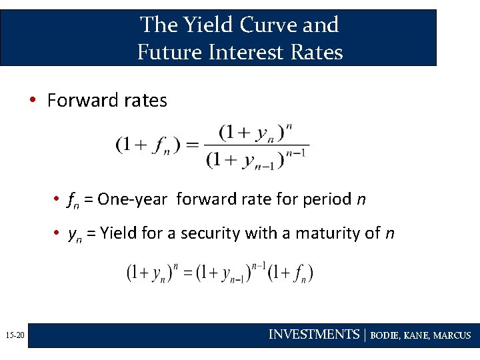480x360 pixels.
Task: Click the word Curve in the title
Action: click(x=265, y=25)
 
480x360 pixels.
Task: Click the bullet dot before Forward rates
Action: click(x=32, y=101)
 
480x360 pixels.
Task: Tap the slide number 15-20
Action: click(x=13, y=335)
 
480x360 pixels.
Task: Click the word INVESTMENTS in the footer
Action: click(x=313, y=335)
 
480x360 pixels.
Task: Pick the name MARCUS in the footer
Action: click(x=452, y=335)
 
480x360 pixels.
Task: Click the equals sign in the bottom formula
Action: click(x=188, y=273)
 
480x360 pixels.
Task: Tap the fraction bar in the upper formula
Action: click(x=257, y=145)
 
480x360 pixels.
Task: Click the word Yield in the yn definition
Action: click(x=117, y=233)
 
